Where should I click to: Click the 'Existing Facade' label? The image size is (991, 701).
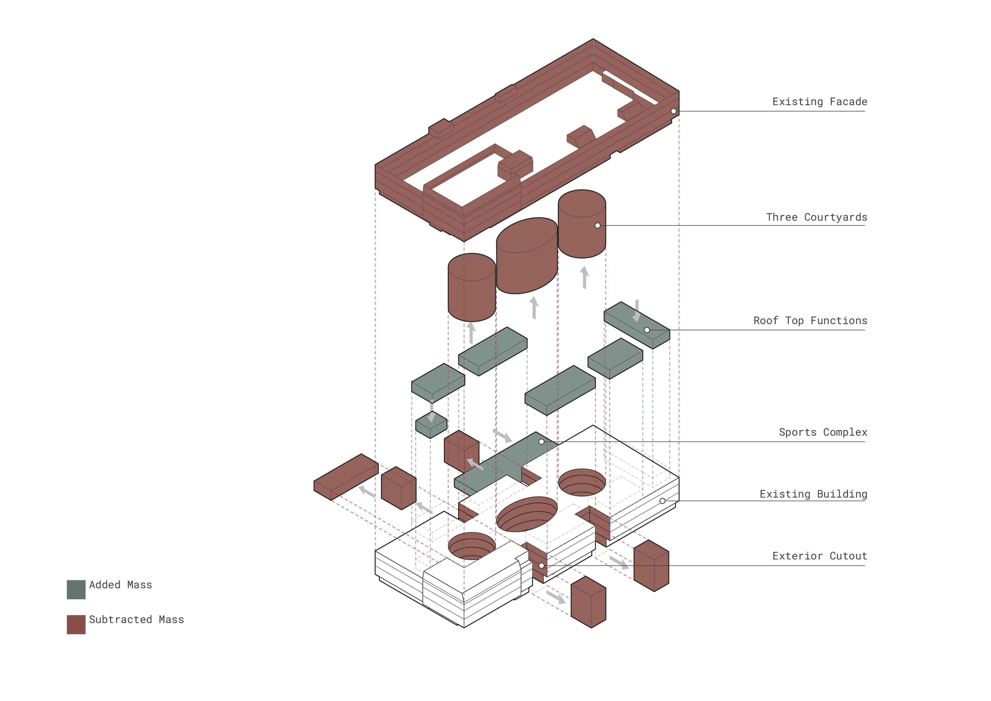coord(819,102)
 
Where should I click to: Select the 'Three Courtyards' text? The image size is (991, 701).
coord(816,217)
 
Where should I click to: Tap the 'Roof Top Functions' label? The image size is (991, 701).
coord(810,320)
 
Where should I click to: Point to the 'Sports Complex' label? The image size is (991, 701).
coord(823,432)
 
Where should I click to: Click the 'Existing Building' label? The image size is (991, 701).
coord(813,494)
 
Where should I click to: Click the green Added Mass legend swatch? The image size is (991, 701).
coord(76,590)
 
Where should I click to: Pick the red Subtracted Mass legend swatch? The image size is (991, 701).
coord(76,624)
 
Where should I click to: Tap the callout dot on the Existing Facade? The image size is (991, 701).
coord(673,111)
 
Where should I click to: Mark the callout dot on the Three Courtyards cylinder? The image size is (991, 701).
coord(597,225)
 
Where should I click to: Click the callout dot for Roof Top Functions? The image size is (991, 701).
coord(646,330)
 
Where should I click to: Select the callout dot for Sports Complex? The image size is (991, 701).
coord(541,442)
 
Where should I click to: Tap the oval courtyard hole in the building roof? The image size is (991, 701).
coord(527,514)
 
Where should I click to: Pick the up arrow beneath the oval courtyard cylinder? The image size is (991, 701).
coord(534,307)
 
